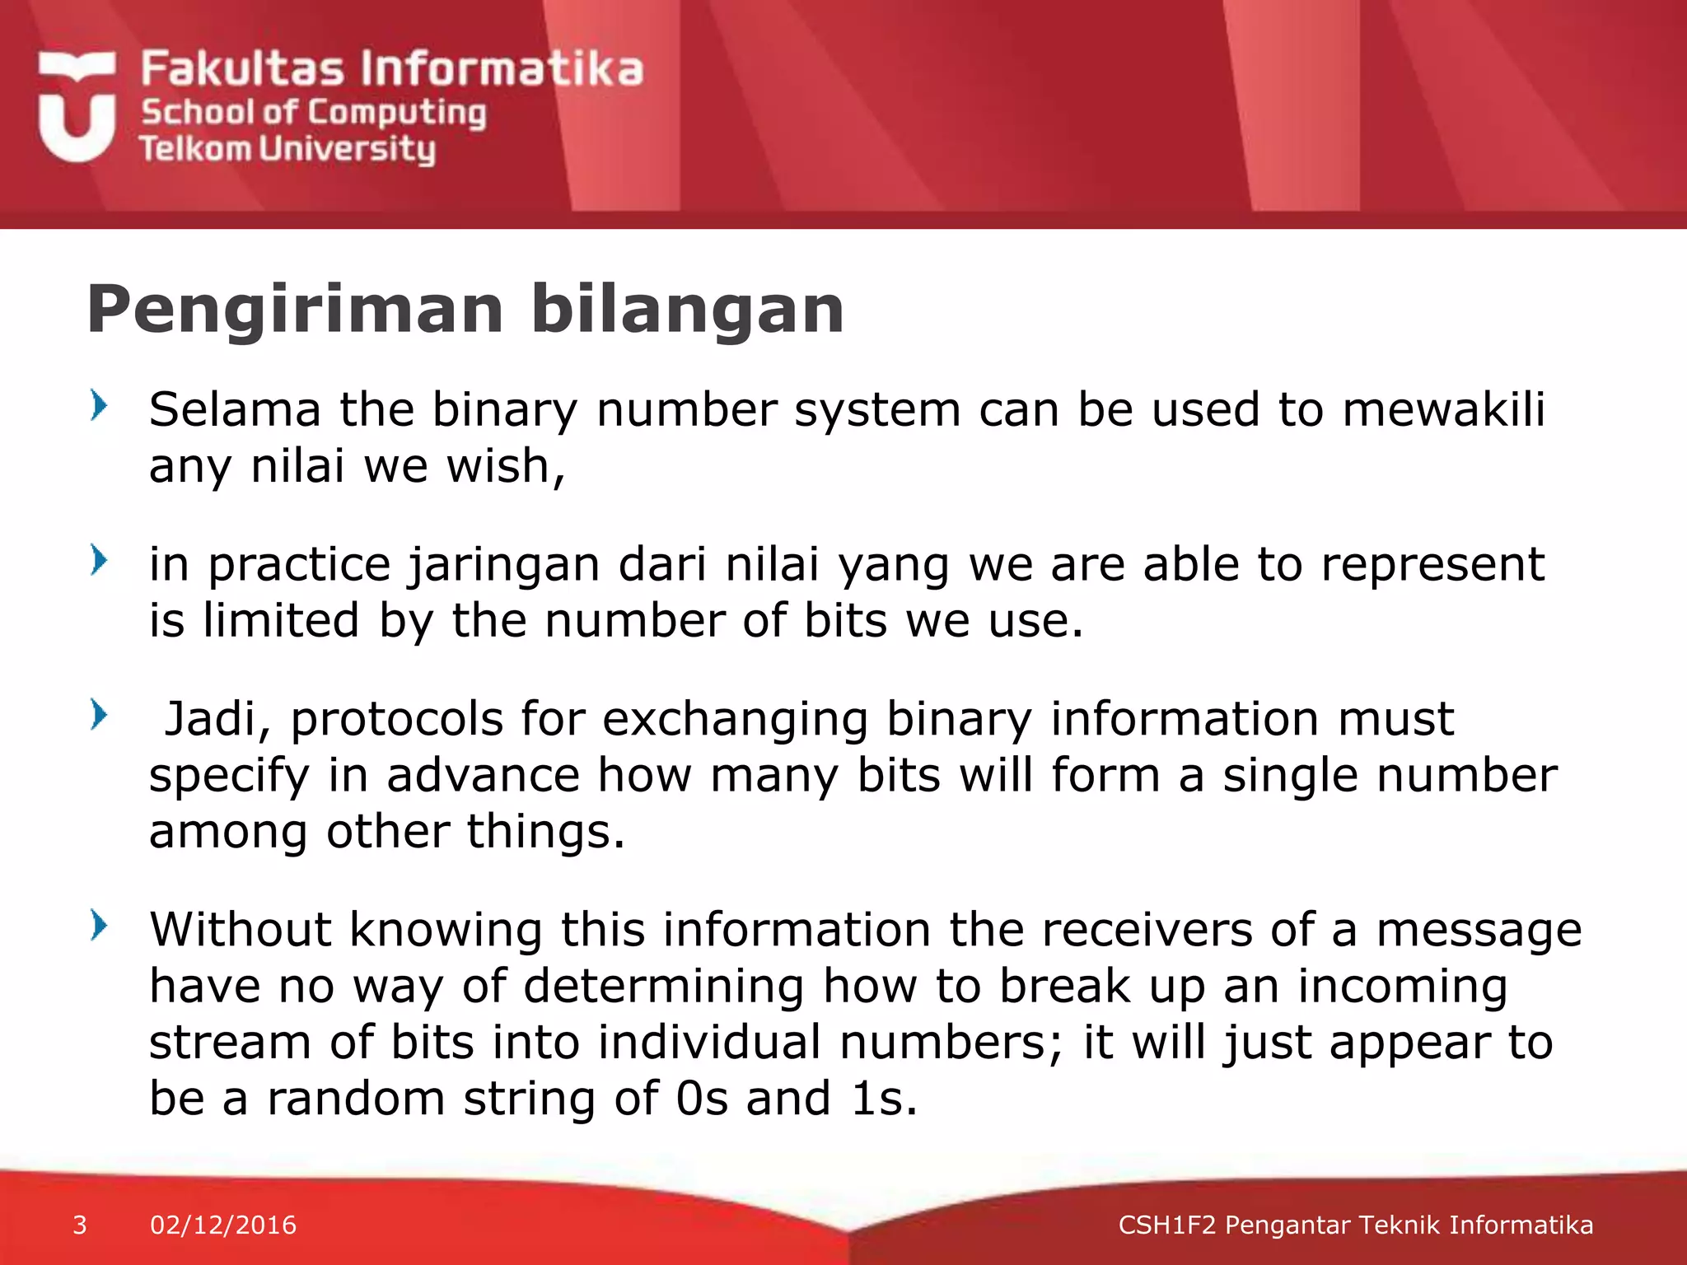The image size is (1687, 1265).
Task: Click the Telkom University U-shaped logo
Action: pos(76,107)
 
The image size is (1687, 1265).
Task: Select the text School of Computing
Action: pos(313,113)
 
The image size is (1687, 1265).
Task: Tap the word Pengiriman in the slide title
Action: pos(294,310)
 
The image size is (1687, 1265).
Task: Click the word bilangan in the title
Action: pos(687,310)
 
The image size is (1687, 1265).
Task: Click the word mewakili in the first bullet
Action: pos(1443,409)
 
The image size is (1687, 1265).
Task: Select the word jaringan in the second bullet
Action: pos(504,565)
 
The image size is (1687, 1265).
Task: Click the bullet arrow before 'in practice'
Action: pos(99,560)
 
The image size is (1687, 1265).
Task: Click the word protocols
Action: pos(396,719)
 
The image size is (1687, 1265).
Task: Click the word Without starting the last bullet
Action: pos(240,930)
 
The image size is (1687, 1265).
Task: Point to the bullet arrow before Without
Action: pos(99,926)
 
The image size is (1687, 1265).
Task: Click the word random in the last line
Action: pos(355,1099)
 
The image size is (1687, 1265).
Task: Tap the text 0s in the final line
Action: pos(702,1099)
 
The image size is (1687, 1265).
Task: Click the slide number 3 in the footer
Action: pos(80,1225)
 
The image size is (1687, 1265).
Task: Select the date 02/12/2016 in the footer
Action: pos(223,1225)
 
